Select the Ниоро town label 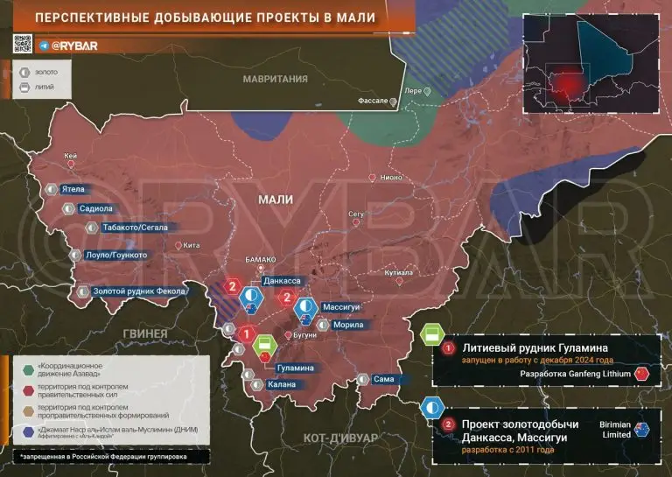pos(390,178)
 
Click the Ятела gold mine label pos(73,188)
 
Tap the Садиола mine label pos(96,209)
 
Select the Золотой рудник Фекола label pos(140,291)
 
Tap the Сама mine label pos(382,379)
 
